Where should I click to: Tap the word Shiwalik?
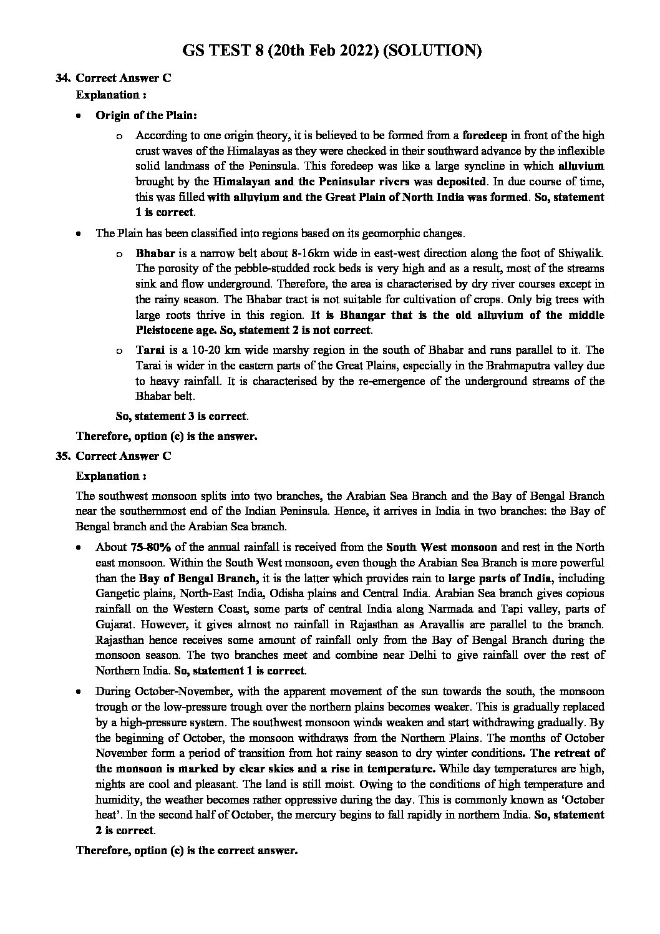point(581,254)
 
